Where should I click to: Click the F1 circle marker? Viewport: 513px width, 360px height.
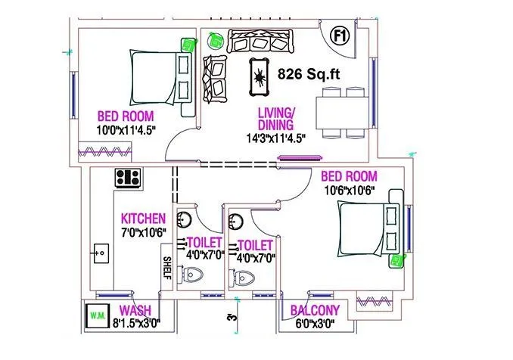340,34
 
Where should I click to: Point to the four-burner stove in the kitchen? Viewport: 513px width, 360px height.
127,178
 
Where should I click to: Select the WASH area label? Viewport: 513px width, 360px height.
136,311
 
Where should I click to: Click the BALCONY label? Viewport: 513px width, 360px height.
314,311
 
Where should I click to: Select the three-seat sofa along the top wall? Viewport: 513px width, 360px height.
256,40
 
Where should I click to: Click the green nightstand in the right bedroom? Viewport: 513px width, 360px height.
394,261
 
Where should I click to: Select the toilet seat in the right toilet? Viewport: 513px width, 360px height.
243,278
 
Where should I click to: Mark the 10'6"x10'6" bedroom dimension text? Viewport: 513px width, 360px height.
350,191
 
